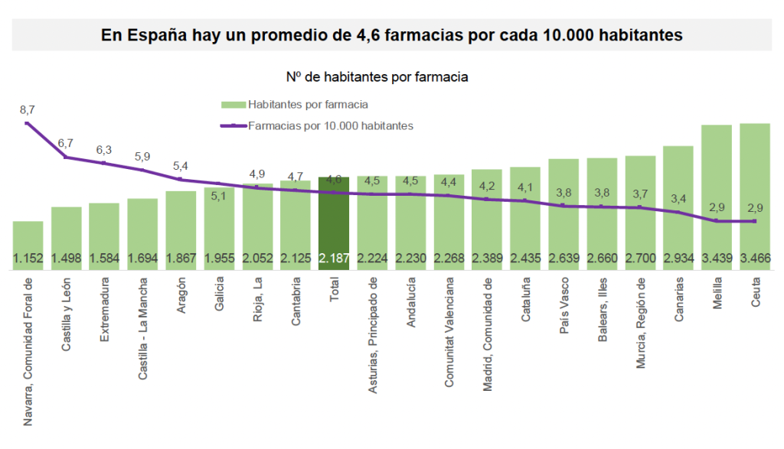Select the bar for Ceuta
(754, 191)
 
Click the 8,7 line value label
(27, 110)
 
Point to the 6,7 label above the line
(65, 143)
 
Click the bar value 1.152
(28, 259)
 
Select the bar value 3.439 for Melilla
(716, 259)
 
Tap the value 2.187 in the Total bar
(334, 259)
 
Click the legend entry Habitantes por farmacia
(308, 105)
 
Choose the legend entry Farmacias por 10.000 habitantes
(330, 125)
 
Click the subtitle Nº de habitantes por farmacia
(377, 77)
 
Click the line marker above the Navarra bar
(28, 123)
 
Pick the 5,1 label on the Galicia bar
(218, 196)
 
